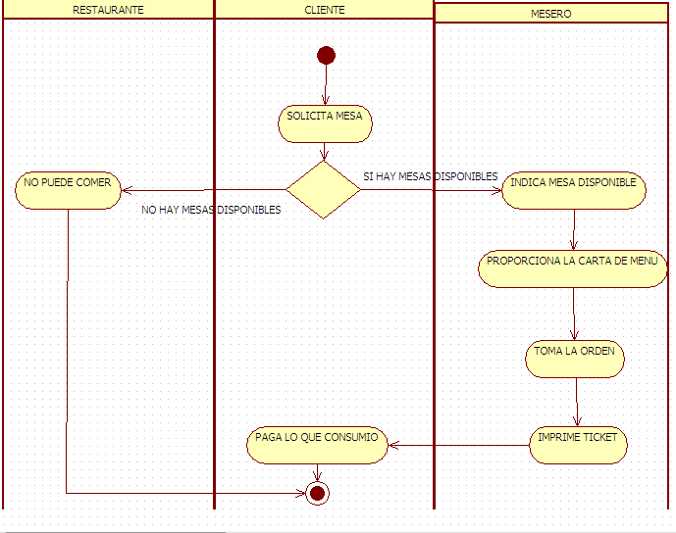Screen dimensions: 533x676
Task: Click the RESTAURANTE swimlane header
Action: pyautogui.click(x=108, y=10)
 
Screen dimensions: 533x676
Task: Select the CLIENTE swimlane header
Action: pyautogui.click(x=325, y=10)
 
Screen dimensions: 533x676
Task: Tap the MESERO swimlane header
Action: pyautogui.click(x=551, y=14)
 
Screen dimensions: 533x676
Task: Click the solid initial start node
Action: pyautogui.click(x=326, y=55)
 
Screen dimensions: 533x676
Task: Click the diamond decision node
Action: pyautogui.click(x=324, y=190)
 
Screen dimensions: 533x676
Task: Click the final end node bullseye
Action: pyautogui.click(x=316, y=493)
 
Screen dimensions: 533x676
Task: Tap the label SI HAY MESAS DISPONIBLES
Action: pyautogui.click(x=430, y=176)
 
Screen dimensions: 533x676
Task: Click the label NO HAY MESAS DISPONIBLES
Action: pyautogui.click(x=211, y=210)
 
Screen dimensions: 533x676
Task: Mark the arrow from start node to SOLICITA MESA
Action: pyautogui.click(x=325, y=84)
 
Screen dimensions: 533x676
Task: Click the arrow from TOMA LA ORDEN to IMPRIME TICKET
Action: pyautogui.click(x=577, y=402)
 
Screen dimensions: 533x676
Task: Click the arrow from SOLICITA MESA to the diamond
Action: pyautogui.click(x=324, y=152)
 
